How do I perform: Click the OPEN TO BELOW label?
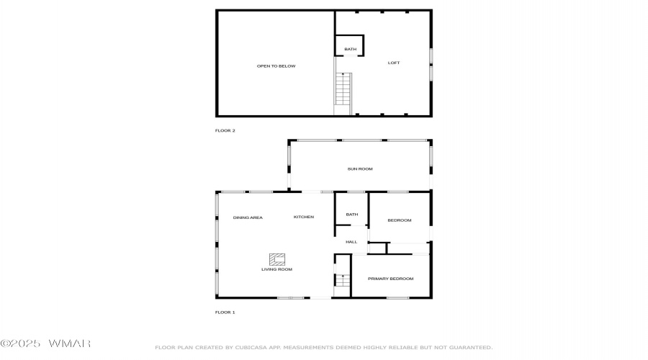276,66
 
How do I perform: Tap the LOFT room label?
394,63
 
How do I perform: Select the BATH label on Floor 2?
351,49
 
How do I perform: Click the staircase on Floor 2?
343,89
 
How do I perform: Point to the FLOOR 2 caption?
225,130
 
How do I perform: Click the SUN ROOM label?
360,169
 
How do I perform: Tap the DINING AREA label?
248,218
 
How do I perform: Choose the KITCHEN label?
304,217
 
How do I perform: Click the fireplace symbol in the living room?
277,260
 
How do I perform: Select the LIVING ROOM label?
277,269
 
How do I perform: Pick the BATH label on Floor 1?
352,215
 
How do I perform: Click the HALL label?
351,242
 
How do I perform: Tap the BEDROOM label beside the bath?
400,220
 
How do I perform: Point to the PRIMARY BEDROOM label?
390,279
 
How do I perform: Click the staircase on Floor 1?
343,281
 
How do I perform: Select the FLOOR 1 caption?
225,312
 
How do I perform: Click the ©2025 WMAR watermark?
45,343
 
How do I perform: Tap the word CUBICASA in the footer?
250,348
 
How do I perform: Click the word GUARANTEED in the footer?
471,348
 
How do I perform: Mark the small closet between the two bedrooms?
377,248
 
